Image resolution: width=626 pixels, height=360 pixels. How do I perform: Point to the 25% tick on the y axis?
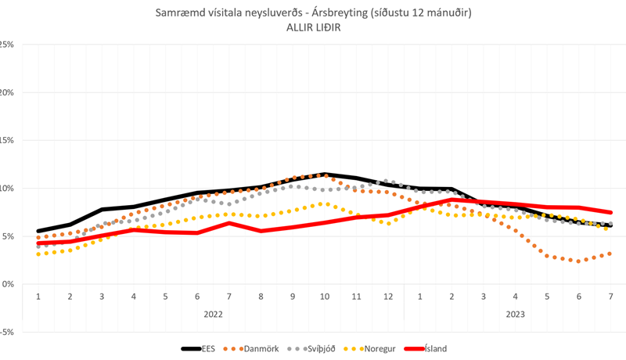click(7, 45)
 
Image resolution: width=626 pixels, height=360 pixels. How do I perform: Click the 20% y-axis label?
click(7, 92)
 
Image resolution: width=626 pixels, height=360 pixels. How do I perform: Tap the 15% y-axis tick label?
click(7, 140)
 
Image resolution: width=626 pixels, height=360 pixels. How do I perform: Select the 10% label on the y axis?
click(7, 188)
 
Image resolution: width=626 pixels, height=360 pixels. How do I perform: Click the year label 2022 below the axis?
click(213, 314)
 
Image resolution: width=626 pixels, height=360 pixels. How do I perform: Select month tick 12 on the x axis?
click(387, 297)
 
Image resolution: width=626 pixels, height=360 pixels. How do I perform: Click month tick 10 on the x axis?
click(324, 297)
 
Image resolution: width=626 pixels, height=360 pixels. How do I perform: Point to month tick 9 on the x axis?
click(292, 297)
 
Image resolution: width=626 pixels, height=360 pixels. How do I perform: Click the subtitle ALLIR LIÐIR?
click(312, 27)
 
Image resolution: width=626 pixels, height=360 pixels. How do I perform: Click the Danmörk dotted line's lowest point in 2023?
click(579, 261)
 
